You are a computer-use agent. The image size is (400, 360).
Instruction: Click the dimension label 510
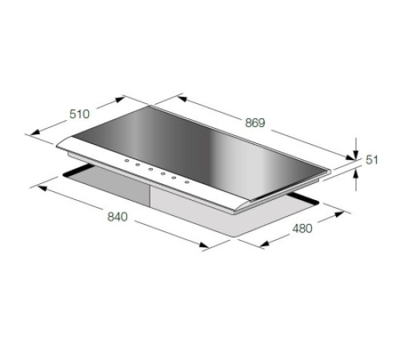pyautogui.click(x=79, y=114)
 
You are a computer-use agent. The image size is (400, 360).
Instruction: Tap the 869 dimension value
pyautogui.click(x=255, y=123)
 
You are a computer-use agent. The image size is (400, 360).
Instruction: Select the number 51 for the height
pyautogui.click(x=372, y=160)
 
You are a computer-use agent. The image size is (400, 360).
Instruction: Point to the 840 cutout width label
pyautogui.click(x=118, y=217)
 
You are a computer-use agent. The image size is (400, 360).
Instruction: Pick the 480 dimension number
pyautogui.click(x=302, y=229)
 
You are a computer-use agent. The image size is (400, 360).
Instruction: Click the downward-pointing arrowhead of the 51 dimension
pyautogui.click(x=356, y=155)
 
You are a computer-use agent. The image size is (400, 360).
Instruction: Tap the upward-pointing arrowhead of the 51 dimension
pyautogui.click(x=356, y=174)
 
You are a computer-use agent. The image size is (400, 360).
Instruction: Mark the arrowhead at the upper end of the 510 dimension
pyautogui.click(x=120, y=100)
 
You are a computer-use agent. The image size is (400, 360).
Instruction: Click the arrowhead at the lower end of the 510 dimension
pyautogui.click(x=35, y=132)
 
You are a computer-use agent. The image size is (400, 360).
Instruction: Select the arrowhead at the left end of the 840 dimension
pyautogui.click(x=42, y=188)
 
